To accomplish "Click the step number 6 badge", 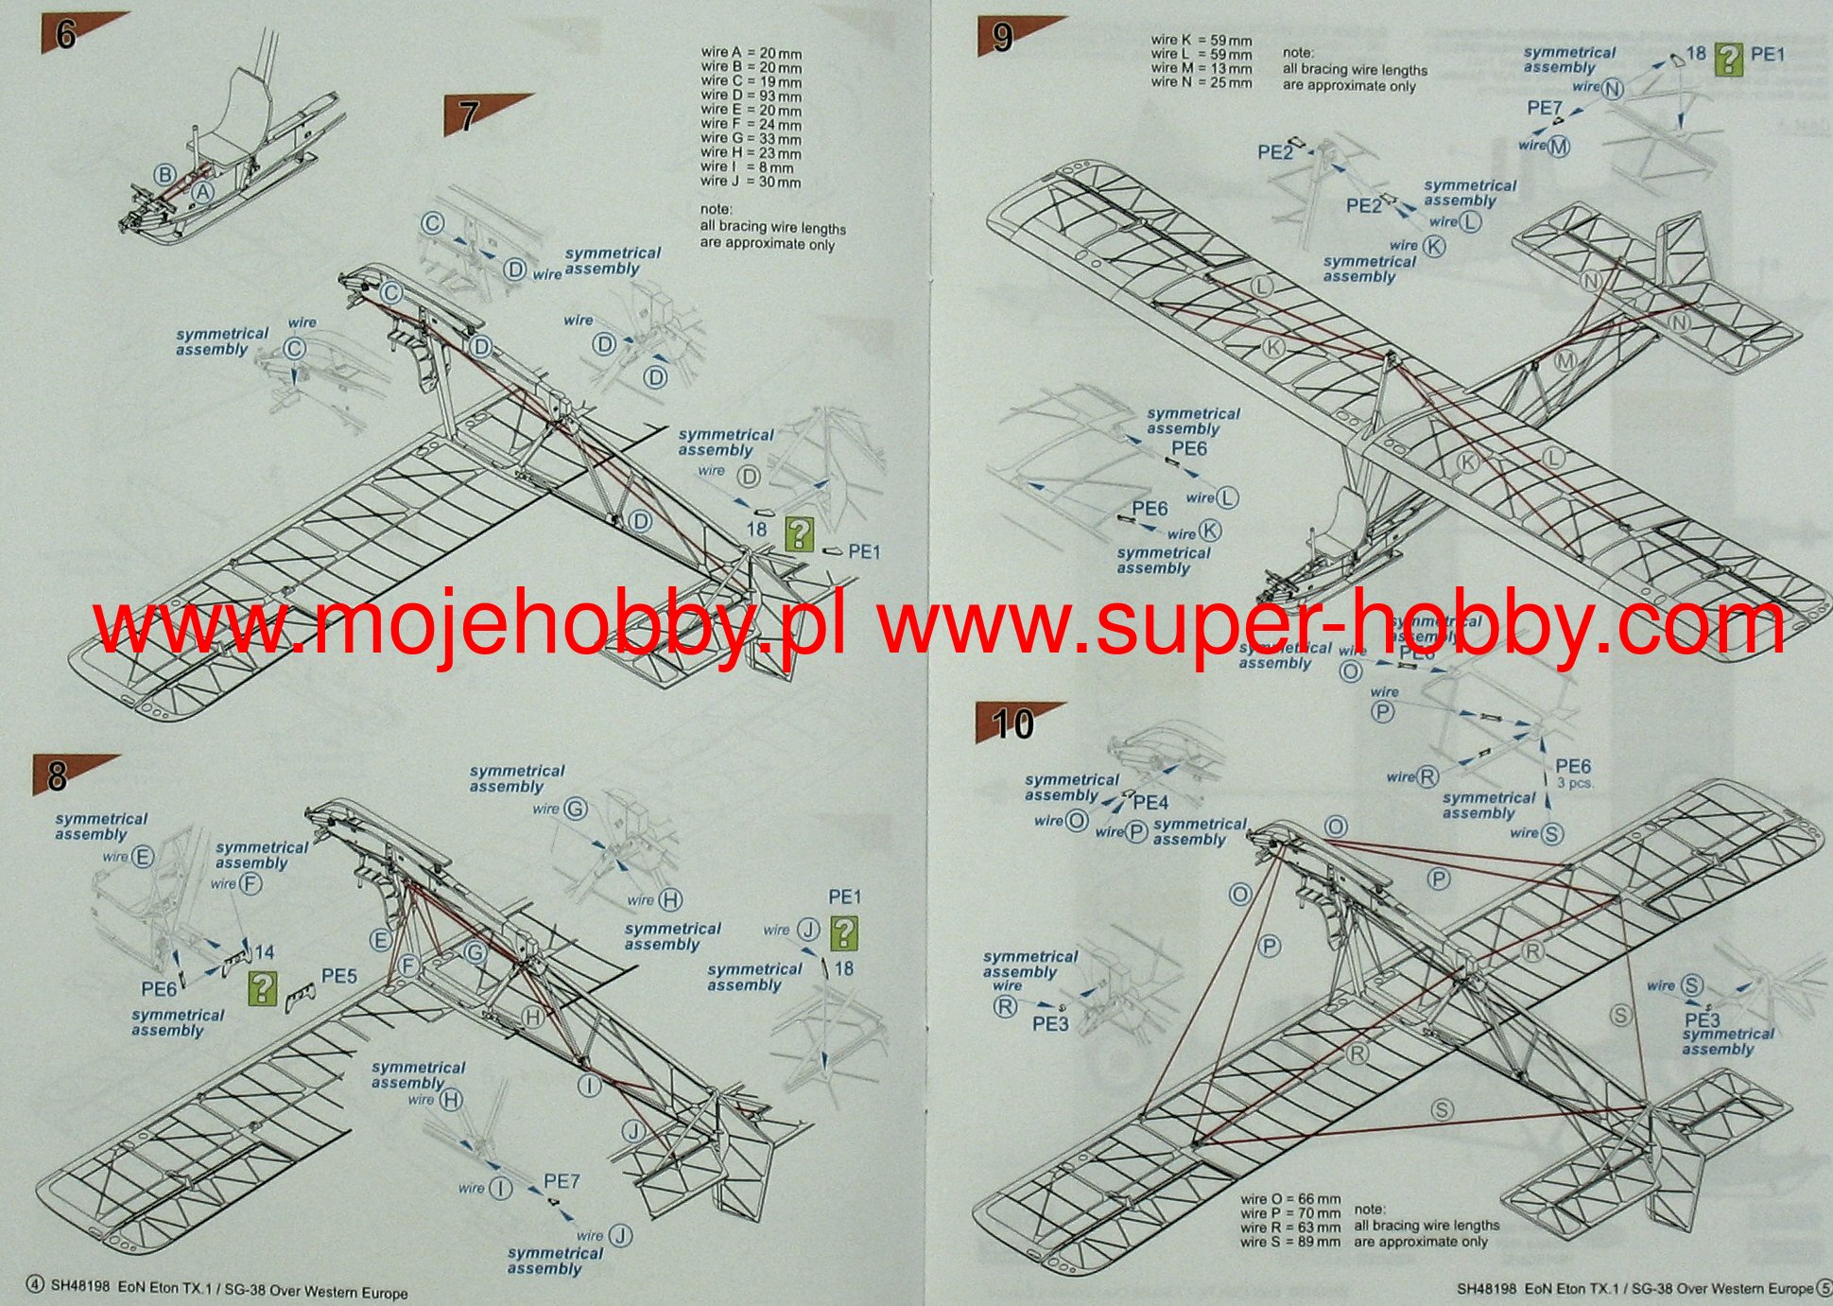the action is click(65, 35).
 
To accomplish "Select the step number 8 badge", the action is click(58, 776).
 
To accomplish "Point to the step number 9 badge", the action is click(1003, 38).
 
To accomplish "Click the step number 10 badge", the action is click(1012, 723).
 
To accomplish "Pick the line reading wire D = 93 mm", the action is click(751, 96).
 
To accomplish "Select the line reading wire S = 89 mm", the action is click(1290, 1241).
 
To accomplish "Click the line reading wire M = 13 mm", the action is click(1202, 68).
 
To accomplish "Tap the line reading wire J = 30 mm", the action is click(751, 182).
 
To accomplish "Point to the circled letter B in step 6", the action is click(165, 174).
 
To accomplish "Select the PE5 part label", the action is click(339, 975).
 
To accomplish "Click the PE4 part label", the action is click(1150, 803).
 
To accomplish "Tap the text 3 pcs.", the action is click(1574, 783).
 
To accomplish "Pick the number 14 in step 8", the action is click(264, 952).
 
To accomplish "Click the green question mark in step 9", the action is click(1728, 60).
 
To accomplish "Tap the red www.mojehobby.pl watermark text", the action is click(470, 626).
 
